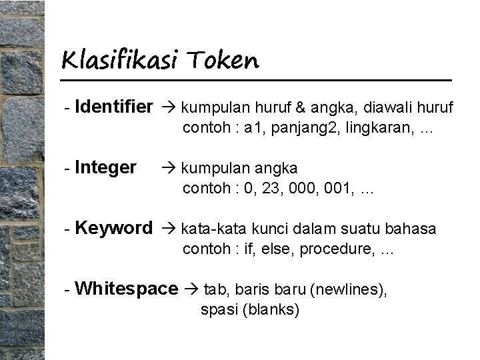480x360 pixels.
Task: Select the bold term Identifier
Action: click(115, 106)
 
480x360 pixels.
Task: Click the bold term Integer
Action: click(107, 167)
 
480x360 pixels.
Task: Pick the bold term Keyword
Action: click(114, 228)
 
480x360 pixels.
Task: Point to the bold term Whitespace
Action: click(127, 289)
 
